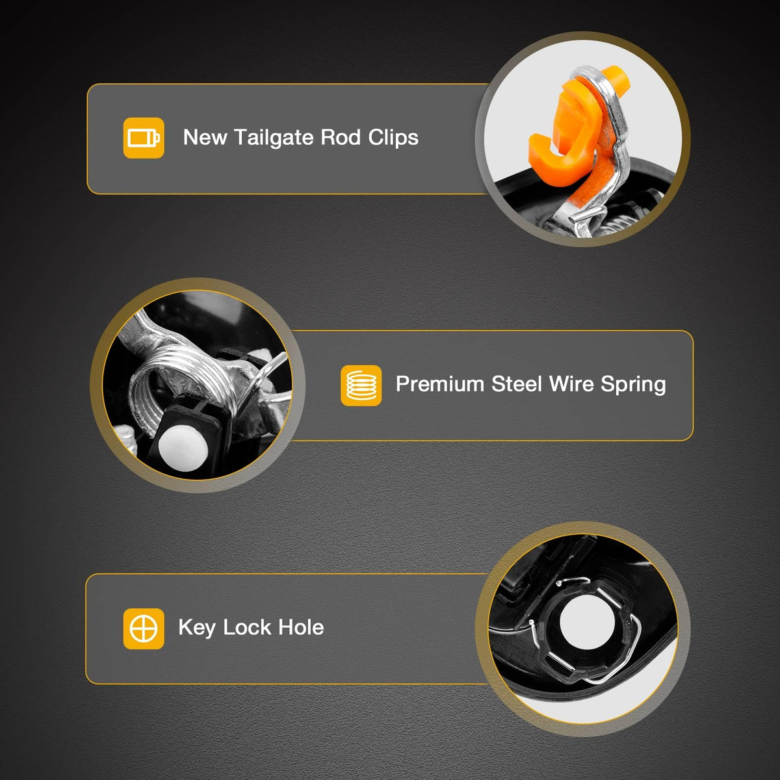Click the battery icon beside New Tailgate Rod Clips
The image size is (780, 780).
coord(144,138)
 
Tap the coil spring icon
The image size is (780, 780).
coord(361,385)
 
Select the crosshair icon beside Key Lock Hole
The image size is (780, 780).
coord(144,629)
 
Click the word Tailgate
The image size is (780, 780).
coord(274,138)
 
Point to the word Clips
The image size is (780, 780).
coord(393,138)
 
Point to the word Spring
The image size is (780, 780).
coord(633,385)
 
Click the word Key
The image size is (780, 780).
coord(197,628)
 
